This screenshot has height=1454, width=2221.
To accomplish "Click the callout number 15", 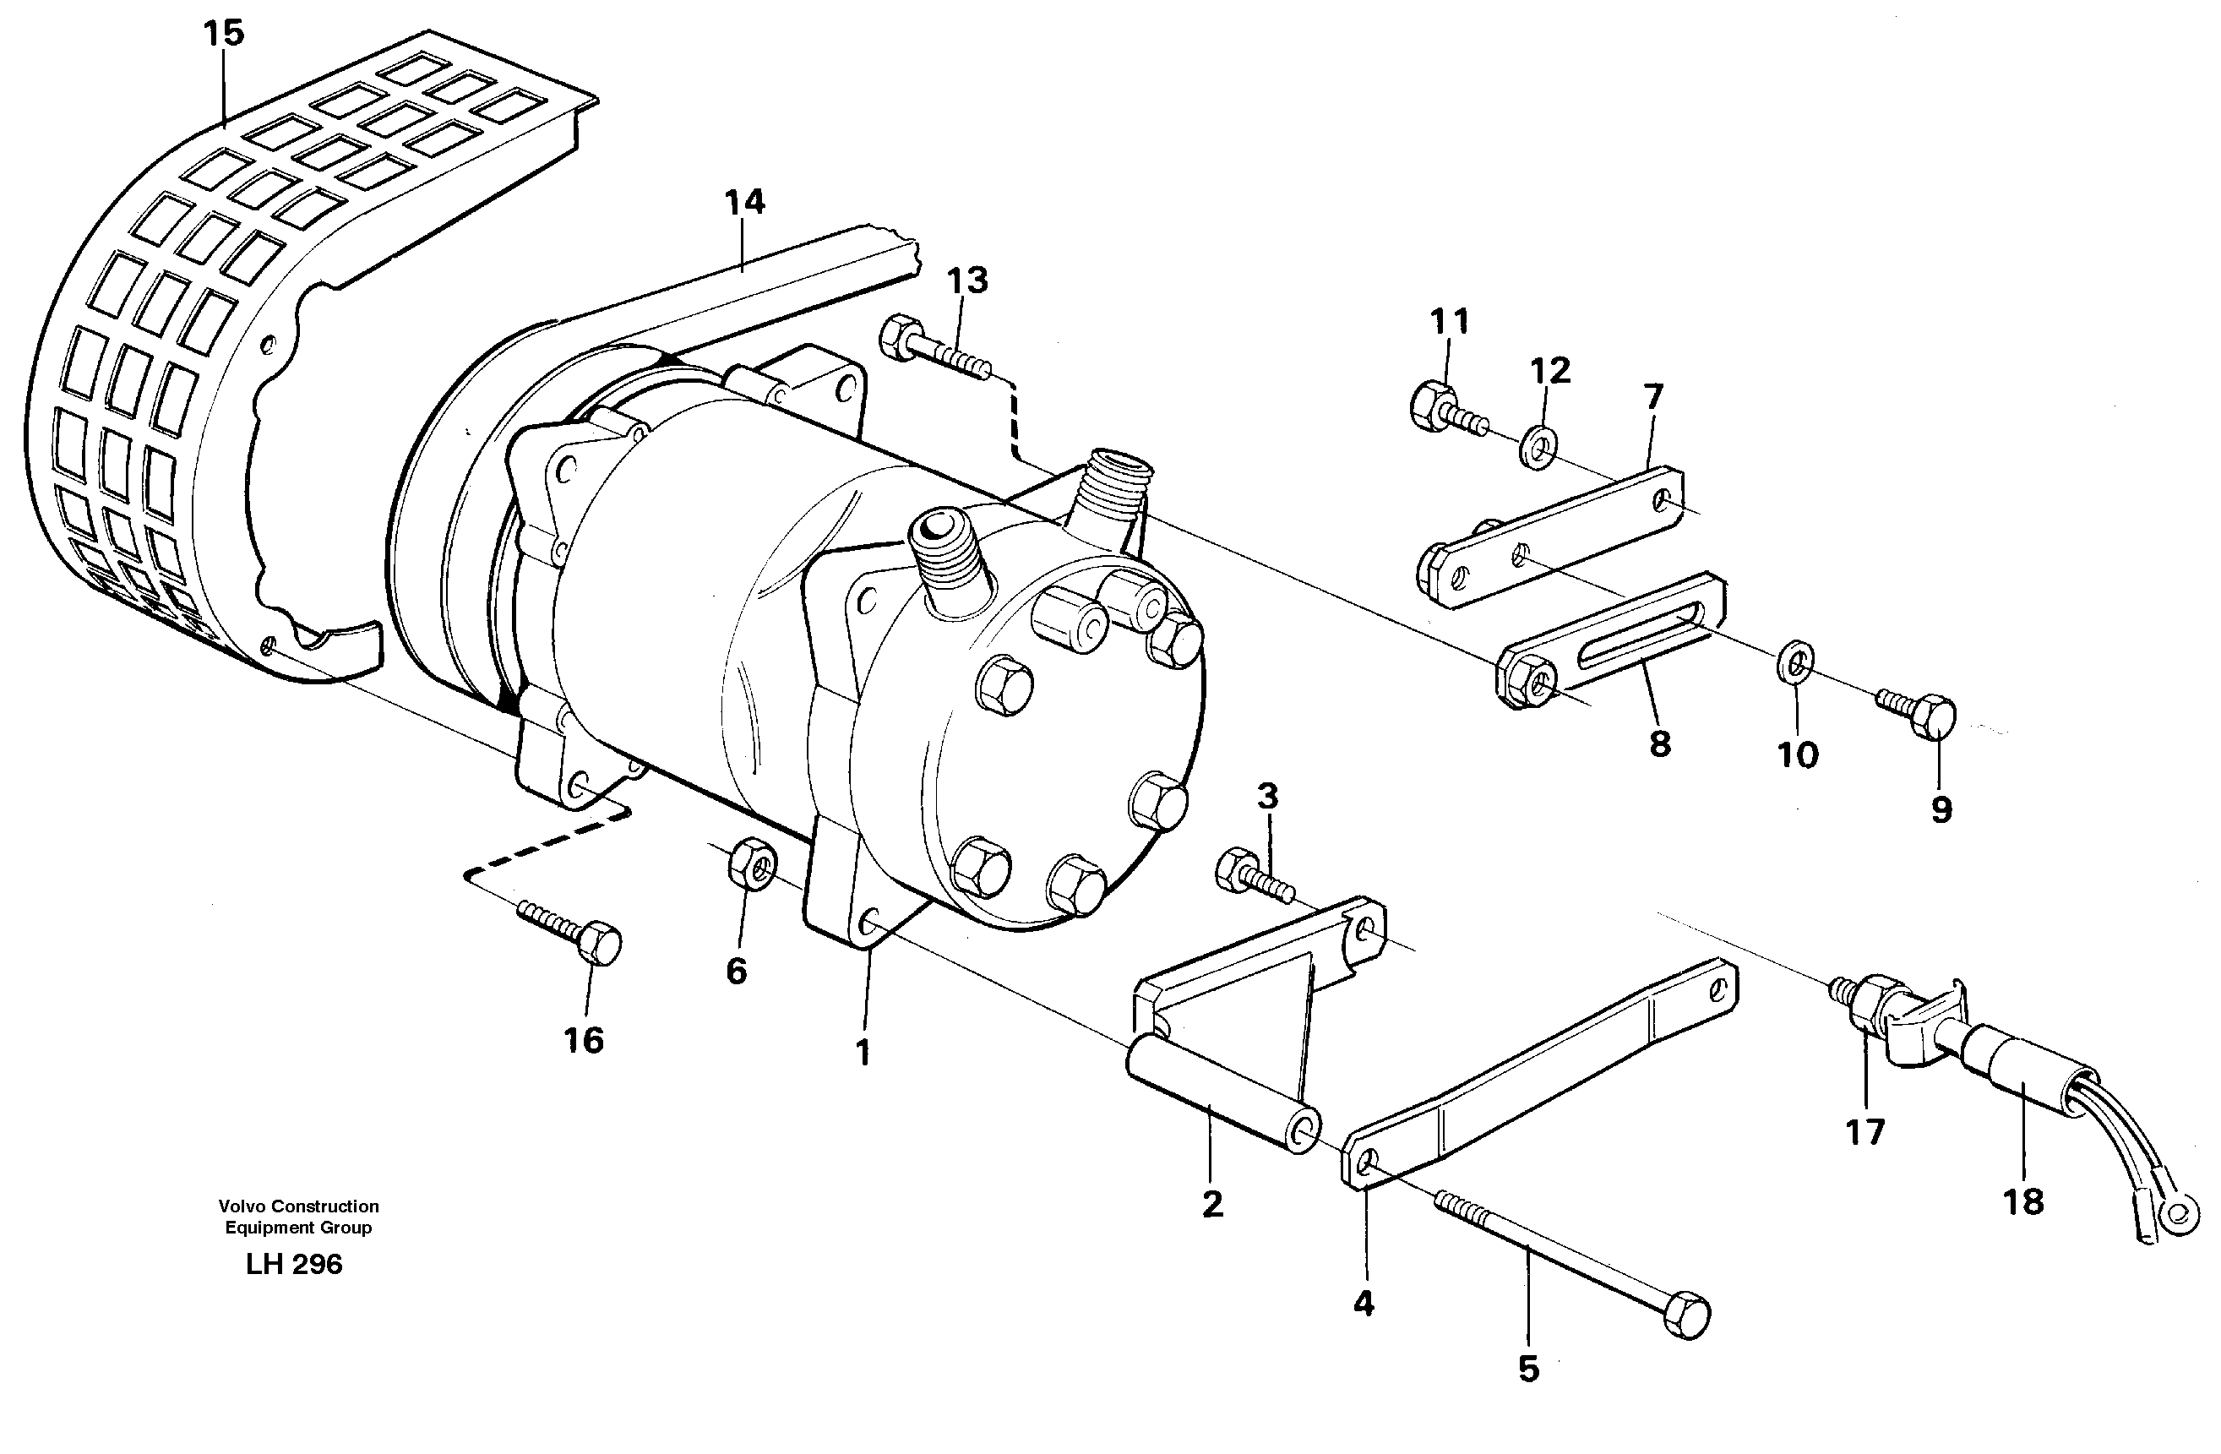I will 223,34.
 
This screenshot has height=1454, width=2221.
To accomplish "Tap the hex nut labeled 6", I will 748,865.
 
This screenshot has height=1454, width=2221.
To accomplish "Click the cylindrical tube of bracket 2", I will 1222,1097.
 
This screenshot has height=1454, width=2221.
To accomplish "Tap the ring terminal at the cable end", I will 2179,1212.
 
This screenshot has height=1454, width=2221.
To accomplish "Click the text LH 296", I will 294,1265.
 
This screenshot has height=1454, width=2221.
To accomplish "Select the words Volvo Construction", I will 298,1206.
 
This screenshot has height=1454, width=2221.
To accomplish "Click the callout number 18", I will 2023,1202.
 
